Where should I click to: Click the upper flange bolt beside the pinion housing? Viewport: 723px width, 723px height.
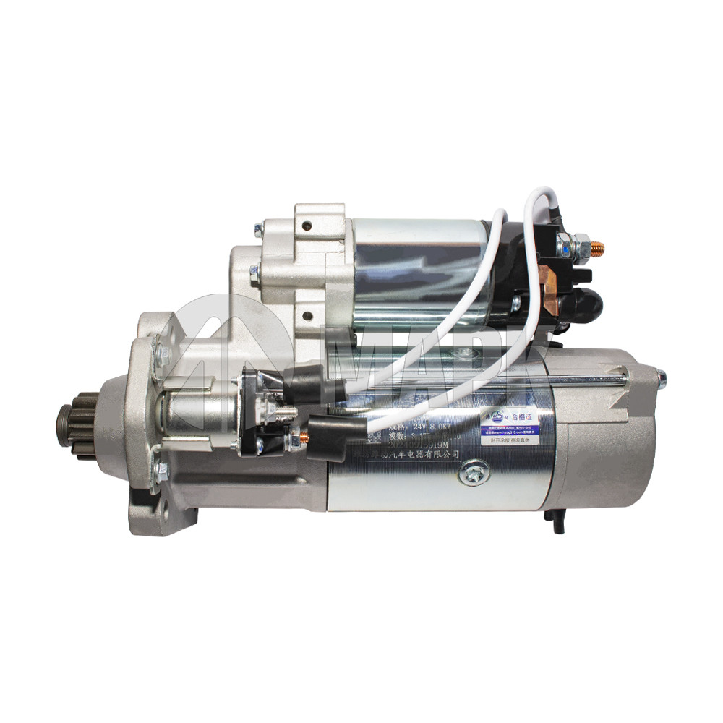coord(163,356)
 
